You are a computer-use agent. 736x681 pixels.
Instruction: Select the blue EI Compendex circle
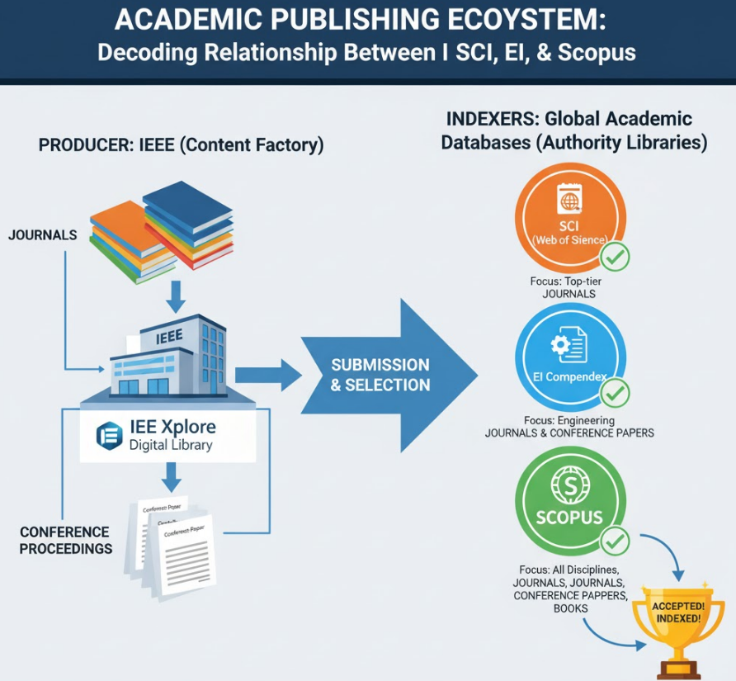click(x=570, y=355)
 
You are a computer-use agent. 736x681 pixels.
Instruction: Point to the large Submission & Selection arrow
click(x=388, y=374)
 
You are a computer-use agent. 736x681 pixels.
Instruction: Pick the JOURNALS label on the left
click(x=42, y=235)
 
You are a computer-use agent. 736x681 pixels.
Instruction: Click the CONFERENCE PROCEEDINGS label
click(x=65, y=540)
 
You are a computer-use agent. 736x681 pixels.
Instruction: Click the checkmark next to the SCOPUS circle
click(x=614, y=541)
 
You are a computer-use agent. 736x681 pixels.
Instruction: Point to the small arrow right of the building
click(x=269, y=376)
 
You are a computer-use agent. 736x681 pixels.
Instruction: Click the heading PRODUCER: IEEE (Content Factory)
click(x=181, y=145)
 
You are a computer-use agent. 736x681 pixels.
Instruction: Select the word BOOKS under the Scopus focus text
click(x=571, y=608)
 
